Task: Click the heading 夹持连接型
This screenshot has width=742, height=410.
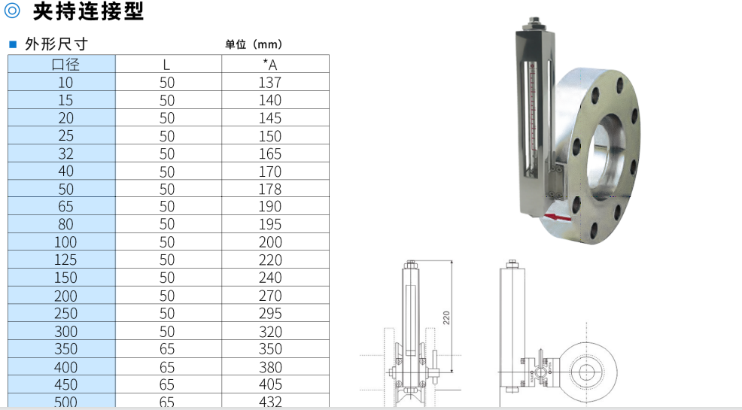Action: tap(88, 11)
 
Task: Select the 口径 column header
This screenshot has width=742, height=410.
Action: tap(65, 64)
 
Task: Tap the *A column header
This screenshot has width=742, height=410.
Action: tap(270, 64)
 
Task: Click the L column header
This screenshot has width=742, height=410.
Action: tap(166, 65)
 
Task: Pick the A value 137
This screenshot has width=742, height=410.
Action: tap(270, 82)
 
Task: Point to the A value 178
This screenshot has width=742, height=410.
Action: tap(270, 189)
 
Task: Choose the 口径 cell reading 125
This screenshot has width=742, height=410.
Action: tap(65, 260)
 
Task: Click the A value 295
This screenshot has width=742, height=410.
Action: tap(270, 314)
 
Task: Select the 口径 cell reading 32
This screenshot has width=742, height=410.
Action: tap(65, 153)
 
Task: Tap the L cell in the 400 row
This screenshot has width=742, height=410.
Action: tap(167, 367)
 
